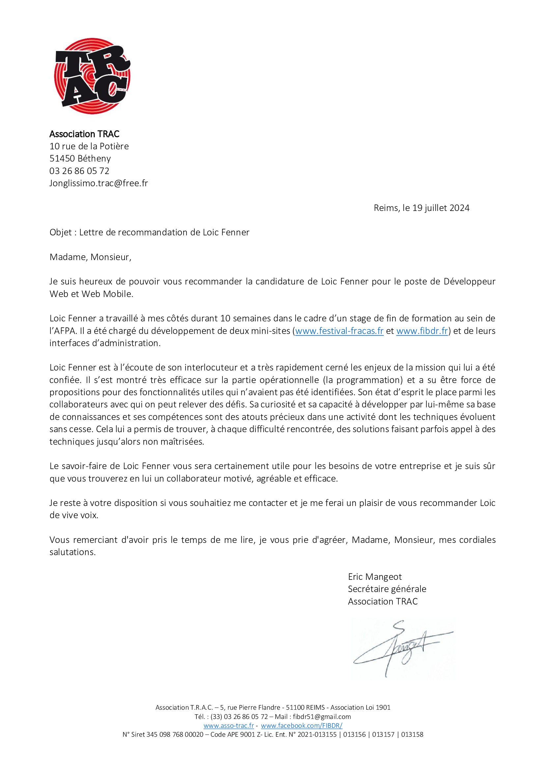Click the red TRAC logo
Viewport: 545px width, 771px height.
[92, 76]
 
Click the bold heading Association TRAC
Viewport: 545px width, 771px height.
[84, 134]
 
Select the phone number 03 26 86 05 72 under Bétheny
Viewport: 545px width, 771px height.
[79, 171]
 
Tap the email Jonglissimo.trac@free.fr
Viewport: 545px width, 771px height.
[98, 183]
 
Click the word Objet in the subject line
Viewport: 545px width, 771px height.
[60, 232]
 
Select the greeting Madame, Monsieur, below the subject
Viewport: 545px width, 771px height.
[90, 257]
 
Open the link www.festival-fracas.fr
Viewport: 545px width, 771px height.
[339, 331]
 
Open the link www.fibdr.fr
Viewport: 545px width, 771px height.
[422, 331]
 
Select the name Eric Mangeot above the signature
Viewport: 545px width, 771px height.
[375, 577]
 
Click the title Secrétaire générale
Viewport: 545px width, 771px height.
[387, 589]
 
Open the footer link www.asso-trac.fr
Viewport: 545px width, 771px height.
[229, 725]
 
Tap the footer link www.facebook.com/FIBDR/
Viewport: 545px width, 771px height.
[301, 725]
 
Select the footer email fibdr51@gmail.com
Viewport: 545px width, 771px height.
[322, 717]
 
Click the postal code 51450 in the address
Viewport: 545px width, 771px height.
[62, 159]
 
